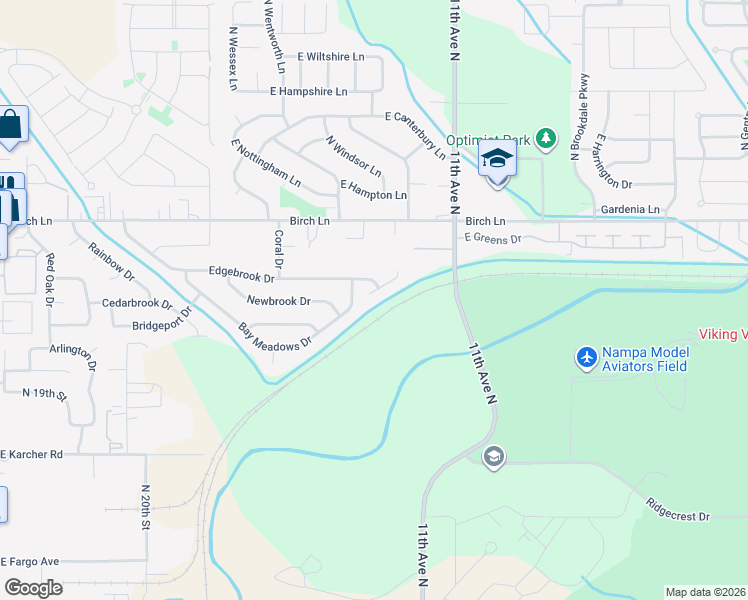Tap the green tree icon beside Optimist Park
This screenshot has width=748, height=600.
[546, 137]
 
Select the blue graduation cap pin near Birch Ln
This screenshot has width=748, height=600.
[497, 159]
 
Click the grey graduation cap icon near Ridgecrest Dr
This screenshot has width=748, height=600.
[493, 457]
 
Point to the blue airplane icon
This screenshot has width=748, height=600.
[587, 357]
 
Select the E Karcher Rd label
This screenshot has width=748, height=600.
[32, 454]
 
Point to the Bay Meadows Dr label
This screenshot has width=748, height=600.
[275, 334]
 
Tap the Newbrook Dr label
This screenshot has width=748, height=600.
[278, 300]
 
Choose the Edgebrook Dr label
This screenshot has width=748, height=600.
[241, 271]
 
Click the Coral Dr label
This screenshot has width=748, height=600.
[279, 251]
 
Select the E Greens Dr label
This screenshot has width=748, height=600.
[494, 239]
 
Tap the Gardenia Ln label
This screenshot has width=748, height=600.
[627, 210]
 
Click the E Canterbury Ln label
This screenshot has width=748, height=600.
[415, 134]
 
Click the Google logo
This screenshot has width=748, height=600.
[33, 588]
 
